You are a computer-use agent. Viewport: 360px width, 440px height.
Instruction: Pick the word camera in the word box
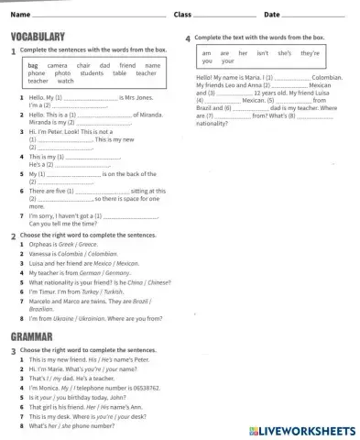[57, 66]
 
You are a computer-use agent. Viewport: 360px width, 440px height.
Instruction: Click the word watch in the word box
[65, 81]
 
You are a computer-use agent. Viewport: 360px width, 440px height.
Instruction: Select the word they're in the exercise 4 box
[310, 53]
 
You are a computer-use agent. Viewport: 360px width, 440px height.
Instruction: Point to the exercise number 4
[188, 38]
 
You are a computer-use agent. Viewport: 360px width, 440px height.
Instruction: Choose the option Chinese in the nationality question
[158, 283]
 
